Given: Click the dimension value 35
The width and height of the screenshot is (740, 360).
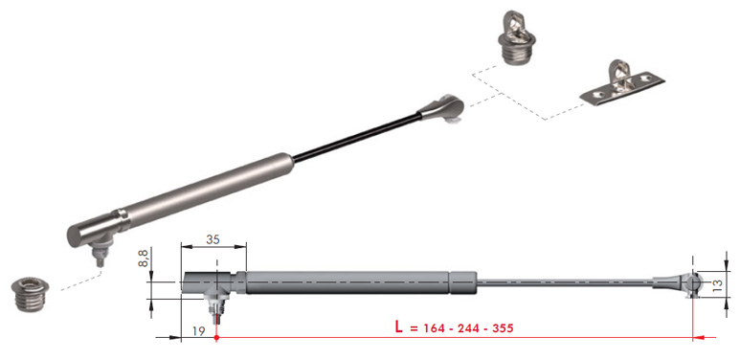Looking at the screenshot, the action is coord(213,239).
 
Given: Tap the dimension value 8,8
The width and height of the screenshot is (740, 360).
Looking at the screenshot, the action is coord(143,259).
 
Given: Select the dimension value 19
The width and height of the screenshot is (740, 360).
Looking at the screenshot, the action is coord(199,331).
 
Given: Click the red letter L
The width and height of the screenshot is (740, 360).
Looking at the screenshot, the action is coord(399,327).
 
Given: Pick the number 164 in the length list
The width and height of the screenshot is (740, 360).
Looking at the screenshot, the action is coord(435,328).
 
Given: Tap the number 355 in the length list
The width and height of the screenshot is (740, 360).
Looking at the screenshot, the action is coord(503,328).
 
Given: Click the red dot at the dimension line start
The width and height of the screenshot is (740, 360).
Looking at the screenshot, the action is coord(216,337).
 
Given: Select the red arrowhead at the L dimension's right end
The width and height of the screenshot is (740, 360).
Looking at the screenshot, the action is coord(699,337).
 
